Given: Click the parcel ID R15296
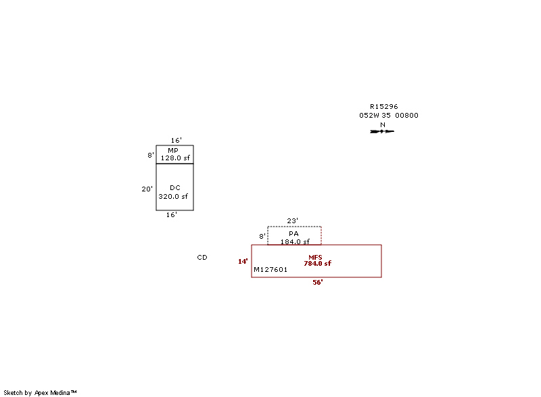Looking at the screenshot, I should (383, 106).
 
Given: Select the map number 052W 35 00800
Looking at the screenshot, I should (388, 115).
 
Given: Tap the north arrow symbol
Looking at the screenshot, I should (382, 131).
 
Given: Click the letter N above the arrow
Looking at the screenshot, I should (382, 124).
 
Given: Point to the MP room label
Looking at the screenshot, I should (173, 150).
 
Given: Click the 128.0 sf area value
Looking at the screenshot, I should (174, 158).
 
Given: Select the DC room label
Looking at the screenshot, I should (175, 187).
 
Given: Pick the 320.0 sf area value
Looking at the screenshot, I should (173, 196).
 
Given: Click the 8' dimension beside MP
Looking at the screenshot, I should (150, 155).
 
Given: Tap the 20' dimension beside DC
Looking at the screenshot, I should (147, 189).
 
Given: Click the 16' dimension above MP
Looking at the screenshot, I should (176, 140).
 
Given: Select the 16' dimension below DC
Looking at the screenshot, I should (172, 214).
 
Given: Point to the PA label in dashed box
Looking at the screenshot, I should (293, 233).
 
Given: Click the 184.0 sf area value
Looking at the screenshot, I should (295, 241).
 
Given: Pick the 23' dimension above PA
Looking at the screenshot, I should (292, 220).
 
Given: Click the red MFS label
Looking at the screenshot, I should (315, 257).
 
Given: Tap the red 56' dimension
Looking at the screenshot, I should (317, 282).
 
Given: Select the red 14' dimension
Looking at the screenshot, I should (243, 261).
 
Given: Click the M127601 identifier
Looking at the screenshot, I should (270, 269).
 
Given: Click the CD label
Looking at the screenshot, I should (202, 257).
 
